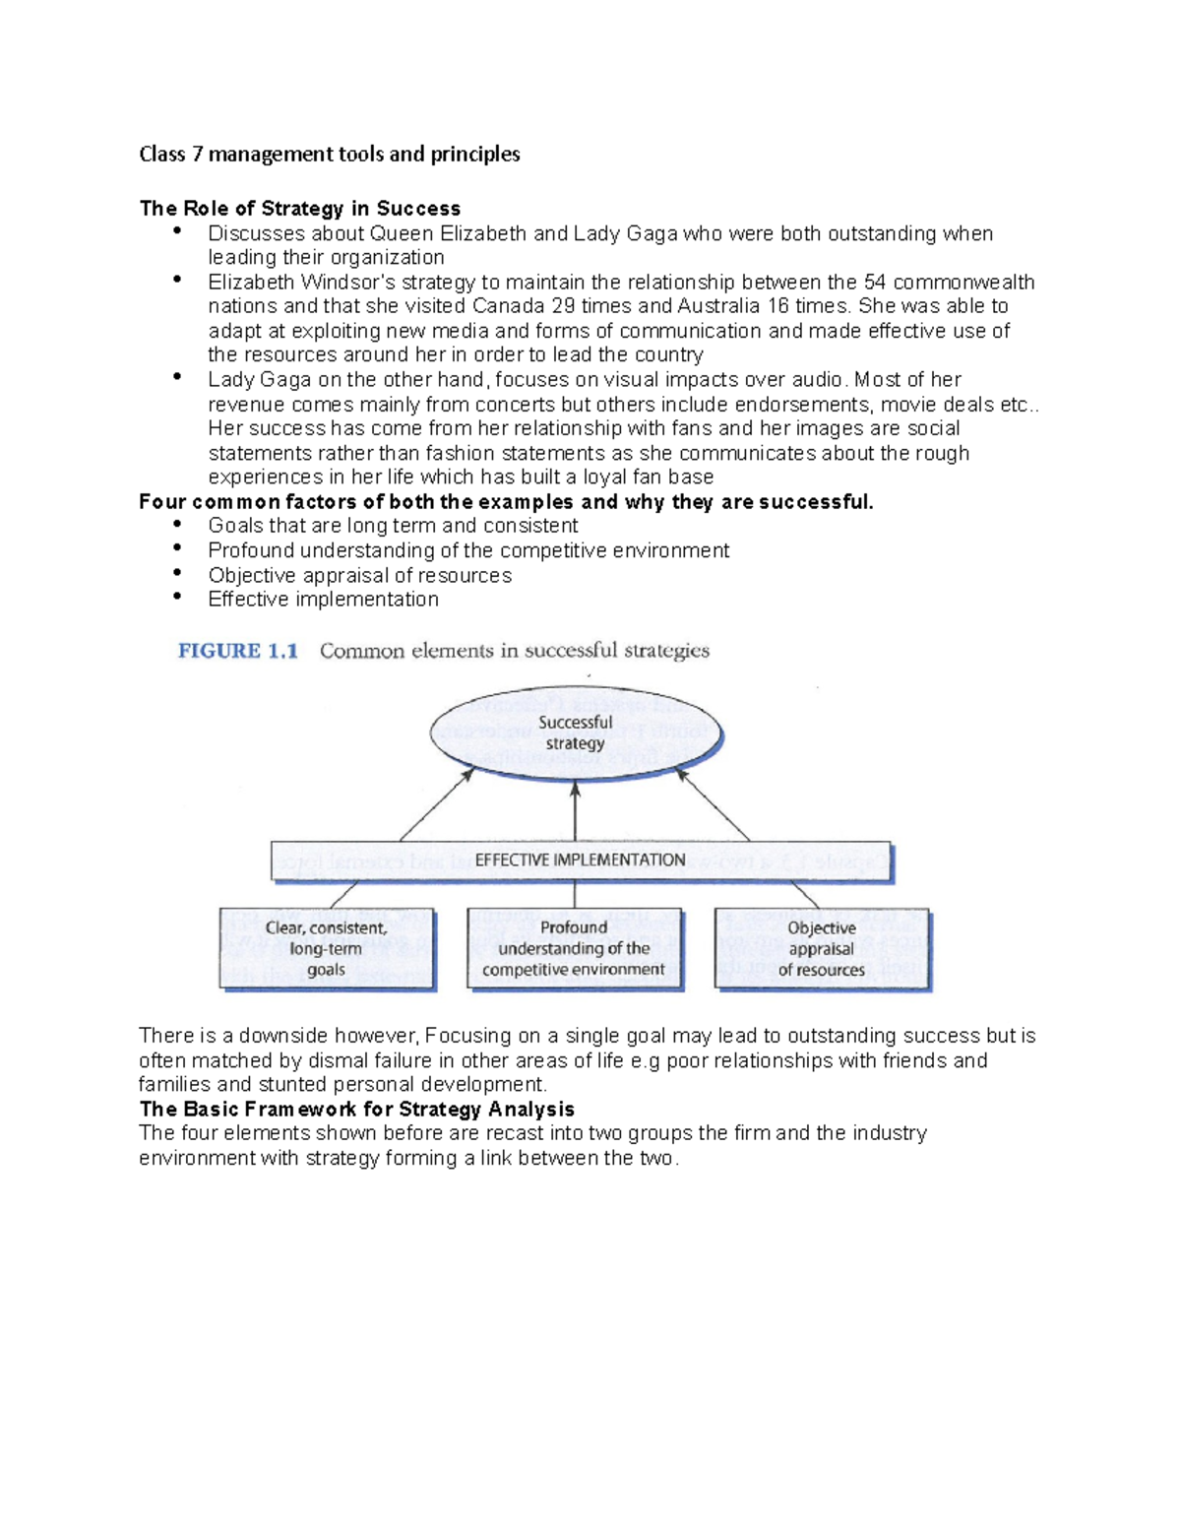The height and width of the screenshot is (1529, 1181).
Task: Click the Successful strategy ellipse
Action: click(576, 733)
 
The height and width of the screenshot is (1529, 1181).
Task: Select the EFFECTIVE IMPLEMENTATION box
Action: click(581, 860)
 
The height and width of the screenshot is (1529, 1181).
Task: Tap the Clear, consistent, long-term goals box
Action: click(327, 949)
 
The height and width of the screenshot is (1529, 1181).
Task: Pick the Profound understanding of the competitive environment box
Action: click(575, 949)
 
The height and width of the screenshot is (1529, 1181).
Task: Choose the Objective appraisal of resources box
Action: click(822, 949)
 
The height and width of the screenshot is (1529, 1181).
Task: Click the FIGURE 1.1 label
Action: click(238, 651)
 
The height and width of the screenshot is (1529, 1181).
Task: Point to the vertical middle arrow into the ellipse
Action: click(576, 812)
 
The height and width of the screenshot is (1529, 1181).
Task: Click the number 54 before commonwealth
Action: click(875, 283)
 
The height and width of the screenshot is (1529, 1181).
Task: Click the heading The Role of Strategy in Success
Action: click(300, 209)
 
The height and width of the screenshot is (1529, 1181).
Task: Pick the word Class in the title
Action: click(162, 155)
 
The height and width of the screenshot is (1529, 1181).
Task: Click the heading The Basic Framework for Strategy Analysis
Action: click(356, 1110)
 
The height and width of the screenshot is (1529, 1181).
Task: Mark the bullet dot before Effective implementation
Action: click(177, 597)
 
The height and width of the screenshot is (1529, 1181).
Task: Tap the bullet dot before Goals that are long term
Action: click(177, 523)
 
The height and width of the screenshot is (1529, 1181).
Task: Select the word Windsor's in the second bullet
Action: click(348, 283)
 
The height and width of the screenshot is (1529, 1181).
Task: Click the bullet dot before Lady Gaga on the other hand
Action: click(177, 376)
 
